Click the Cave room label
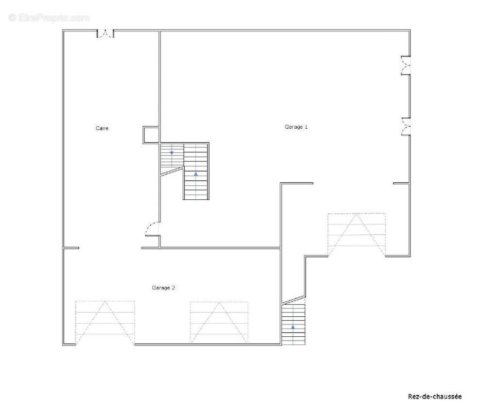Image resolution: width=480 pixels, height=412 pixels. [102, 128]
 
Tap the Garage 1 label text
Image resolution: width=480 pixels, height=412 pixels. [296, 126]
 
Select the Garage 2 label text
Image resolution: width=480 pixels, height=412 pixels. [164, 288]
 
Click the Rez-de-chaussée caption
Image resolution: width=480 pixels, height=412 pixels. [435, 396]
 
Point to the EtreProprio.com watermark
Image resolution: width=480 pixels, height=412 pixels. [49, 18]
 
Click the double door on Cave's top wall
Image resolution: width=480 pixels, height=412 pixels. [105, 34]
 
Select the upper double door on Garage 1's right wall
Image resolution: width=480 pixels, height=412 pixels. [406, 65]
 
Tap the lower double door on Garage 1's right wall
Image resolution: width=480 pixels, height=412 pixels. [406, 127]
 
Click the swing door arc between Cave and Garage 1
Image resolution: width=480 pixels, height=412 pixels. [153, 229]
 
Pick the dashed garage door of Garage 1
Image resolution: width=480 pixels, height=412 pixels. [357, 234]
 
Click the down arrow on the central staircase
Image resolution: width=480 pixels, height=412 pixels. [172, 153]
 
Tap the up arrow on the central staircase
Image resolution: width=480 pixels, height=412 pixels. [196, 174]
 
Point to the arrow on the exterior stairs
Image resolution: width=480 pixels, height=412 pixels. [293, 327]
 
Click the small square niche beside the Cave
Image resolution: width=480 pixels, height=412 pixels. [151, 134]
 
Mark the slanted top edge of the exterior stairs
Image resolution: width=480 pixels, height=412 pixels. [293, 300]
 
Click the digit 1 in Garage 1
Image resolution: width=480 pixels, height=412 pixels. [306, 126]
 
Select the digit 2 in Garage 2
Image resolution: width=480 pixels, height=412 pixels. [174, 288]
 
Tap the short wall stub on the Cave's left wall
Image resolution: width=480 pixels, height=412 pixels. [72, 248]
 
